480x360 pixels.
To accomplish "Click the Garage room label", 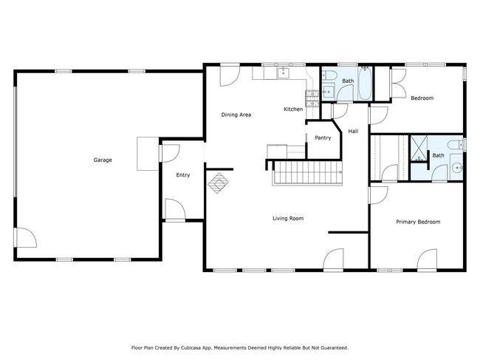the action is point(103,160).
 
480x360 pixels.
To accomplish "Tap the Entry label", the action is point(182,175).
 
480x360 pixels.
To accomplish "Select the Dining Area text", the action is point(236,115).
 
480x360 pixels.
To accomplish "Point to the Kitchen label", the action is point(293,109).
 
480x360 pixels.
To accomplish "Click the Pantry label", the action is point(323,138).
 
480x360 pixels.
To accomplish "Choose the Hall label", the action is point(353,131).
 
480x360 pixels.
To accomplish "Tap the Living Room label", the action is point(288,218).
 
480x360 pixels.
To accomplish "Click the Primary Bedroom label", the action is point(418,222).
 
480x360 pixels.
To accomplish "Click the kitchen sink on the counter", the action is point(284,73).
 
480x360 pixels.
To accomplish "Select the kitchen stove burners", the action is point(312,98).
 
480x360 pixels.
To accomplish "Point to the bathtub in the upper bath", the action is point(365,83).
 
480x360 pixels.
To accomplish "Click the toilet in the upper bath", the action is point(329,75).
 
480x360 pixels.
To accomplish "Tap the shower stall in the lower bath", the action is point(419,148).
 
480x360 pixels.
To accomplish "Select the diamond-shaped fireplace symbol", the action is point(218,183).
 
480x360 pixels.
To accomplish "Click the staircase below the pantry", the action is point(307,173).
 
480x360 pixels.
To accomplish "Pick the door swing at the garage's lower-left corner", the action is point(27,237).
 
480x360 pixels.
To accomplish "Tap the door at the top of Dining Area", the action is point(230,76).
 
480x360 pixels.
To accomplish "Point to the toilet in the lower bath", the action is point(456,145).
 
